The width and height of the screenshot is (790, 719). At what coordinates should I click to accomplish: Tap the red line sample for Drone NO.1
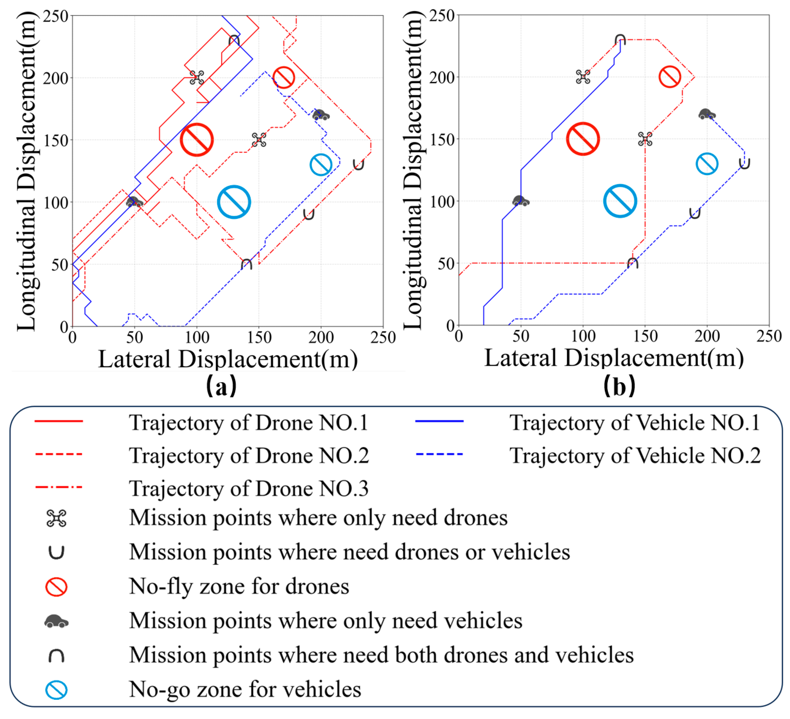coord(59,421)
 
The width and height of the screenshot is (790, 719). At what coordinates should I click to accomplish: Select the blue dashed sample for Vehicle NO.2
coord(439,454)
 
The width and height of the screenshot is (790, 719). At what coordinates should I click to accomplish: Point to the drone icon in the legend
coord(56,518)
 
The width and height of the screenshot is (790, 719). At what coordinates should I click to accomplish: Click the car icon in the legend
coord(56,621)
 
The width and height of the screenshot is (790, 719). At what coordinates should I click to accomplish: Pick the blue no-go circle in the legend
coord(56,690)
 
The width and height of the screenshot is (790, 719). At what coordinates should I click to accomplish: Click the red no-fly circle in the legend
coord(56,587)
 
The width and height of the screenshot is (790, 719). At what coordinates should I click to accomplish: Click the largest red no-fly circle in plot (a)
coord(197,140)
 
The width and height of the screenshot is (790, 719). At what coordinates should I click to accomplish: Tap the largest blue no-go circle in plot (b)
coord(620,201)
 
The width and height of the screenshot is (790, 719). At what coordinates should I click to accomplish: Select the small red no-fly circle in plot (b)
coord(670,77)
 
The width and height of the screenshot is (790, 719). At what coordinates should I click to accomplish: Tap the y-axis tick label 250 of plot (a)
coord(56,17)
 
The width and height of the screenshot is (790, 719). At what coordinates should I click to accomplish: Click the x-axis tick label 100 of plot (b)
coord(583,336)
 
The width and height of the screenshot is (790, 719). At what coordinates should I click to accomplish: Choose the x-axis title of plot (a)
coord(228,359)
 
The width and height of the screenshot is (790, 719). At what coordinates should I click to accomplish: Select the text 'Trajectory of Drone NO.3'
coord(249,489)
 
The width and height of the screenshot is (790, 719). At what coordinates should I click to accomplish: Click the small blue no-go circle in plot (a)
coord(321,165)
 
